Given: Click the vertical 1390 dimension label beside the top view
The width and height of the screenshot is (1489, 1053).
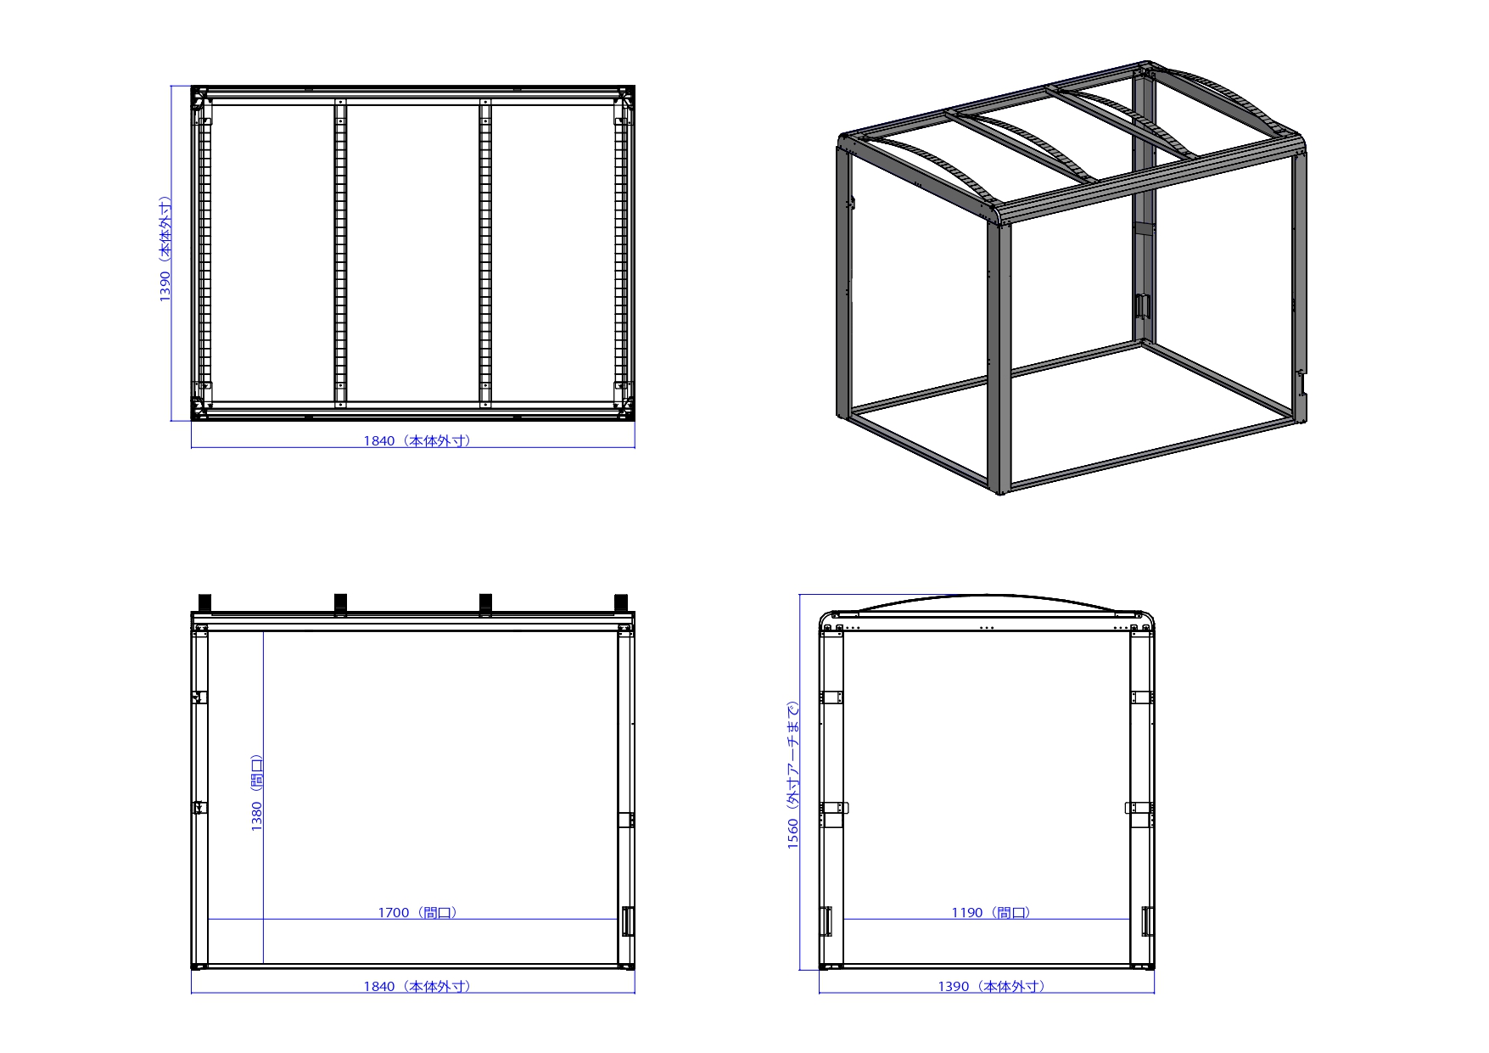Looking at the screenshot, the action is click(x=165, y=249).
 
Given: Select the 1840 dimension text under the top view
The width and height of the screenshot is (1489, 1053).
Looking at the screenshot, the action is click(x=417, y=440).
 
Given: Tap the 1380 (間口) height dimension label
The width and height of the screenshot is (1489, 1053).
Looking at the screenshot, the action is click(x=257, y=793).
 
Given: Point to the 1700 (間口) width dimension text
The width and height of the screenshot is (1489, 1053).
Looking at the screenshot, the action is click(x=417, y=912).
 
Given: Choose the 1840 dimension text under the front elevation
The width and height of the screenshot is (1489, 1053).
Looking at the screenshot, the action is click(x=417, y=986).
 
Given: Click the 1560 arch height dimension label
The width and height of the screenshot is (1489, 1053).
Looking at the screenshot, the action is click(x=793, y=775).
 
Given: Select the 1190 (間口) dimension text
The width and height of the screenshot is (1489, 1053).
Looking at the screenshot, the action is click(x=991, y=912).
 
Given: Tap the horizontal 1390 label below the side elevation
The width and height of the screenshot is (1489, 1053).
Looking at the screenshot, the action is click(x=991, y=986).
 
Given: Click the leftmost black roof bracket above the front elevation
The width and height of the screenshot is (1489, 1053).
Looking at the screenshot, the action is click(x=204, y=602).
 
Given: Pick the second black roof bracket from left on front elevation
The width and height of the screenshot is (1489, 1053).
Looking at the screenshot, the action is click(x=340, y=602).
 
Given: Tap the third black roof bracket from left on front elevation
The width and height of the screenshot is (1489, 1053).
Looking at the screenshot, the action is click(x=485, y=602).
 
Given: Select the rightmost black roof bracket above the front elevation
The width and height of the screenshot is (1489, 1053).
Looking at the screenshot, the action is click(x=621, y=602).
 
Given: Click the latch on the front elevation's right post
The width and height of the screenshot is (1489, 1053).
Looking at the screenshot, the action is click(x=628, y=921).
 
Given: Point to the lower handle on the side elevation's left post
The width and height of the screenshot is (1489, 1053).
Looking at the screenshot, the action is click(x=826, y=921).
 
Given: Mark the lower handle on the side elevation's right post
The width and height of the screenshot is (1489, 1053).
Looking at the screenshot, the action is click(x=1147, y=921).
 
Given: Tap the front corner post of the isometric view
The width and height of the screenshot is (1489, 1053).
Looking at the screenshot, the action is click(x=999, y=352).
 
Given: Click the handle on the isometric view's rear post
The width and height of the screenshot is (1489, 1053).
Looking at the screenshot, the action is click(x=1142, y=306).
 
